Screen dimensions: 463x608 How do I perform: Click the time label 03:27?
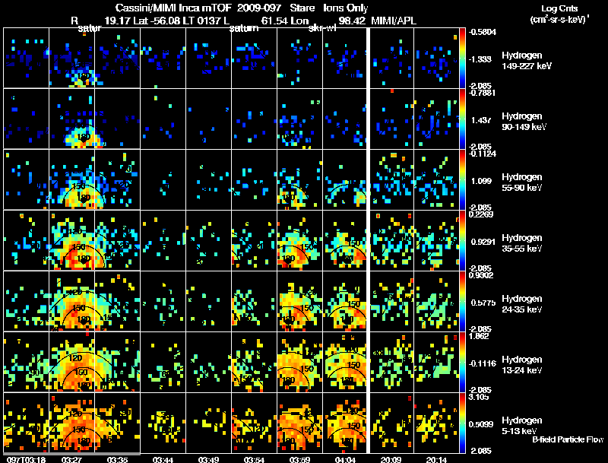point(72,459)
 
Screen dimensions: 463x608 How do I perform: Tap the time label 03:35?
point(118,459)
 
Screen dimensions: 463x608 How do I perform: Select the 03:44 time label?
point(163,459)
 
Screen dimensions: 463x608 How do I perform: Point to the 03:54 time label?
point(255,459)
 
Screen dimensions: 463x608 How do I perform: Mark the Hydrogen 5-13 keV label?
point(521,425)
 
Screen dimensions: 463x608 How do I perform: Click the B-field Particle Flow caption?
point(567,439)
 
